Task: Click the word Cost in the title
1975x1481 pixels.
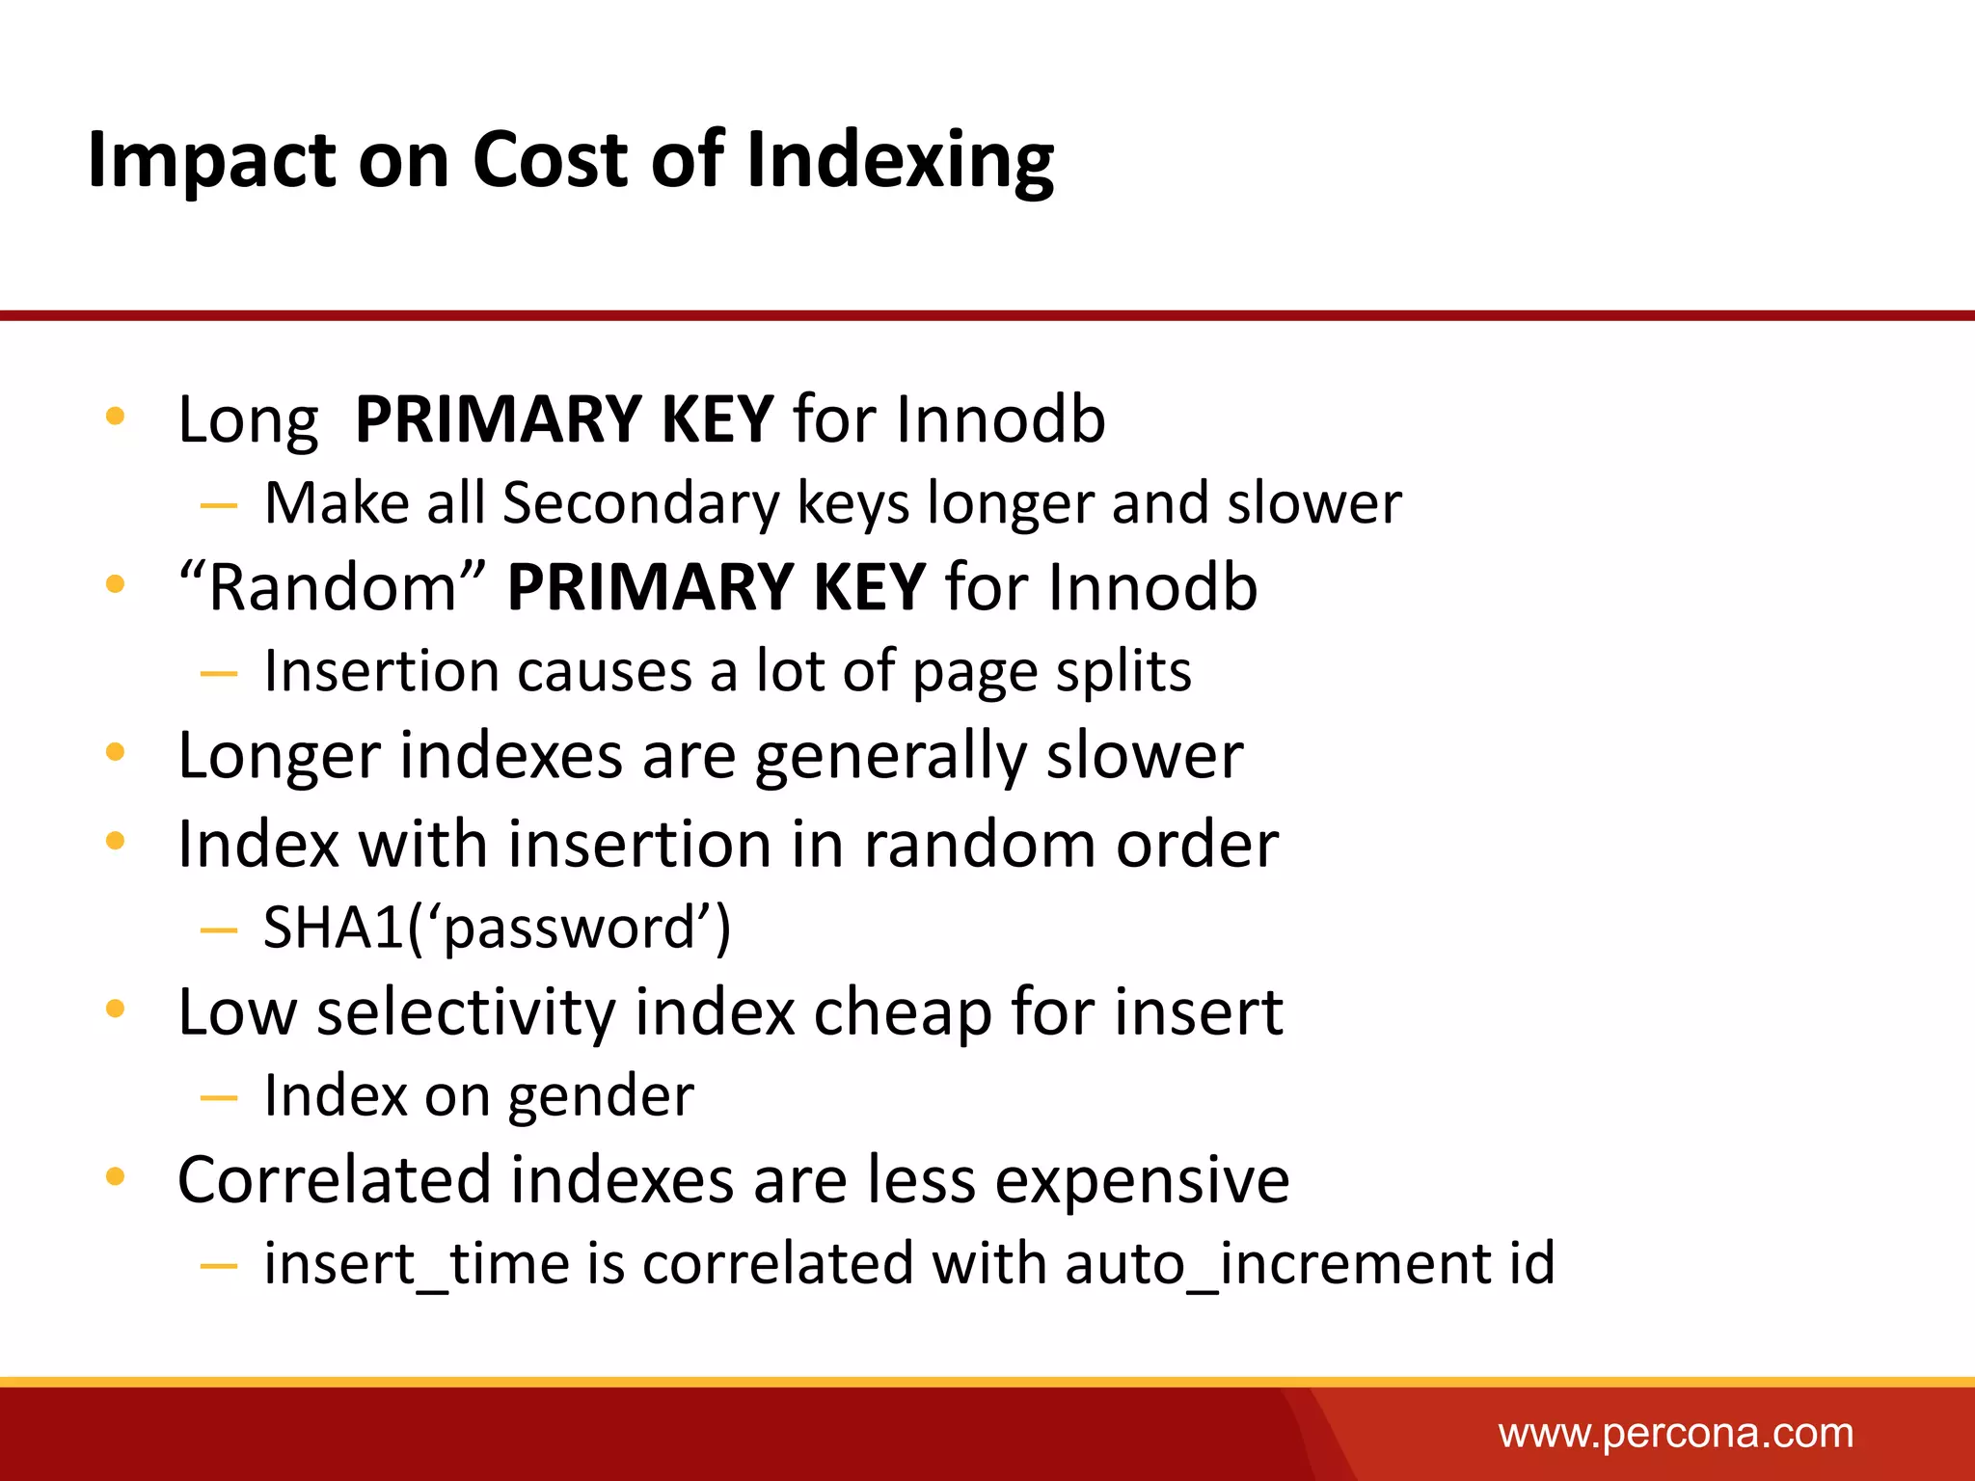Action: [x=550, y=160]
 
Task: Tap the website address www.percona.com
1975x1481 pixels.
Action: [x=1675, y=1434]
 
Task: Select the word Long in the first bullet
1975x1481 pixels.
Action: [x=248, y=420]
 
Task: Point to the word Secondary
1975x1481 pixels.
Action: [x=640, y=504]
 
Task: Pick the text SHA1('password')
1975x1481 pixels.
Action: [x=497, y=928]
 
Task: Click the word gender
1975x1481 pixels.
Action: [x=600, y=1096]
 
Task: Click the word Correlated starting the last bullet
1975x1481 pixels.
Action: [x=334, y=1180]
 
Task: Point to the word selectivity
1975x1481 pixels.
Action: [x=466, y=1012]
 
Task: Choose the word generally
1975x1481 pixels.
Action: [x=891, y=756]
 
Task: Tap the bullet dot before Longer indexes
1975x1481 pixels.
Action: [x=116, y=752]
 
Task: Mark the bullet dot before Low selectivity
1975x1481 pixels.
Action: [x=116, y=1010]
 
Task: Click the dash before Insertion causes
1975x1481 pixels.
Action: [x=219, y=673]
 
